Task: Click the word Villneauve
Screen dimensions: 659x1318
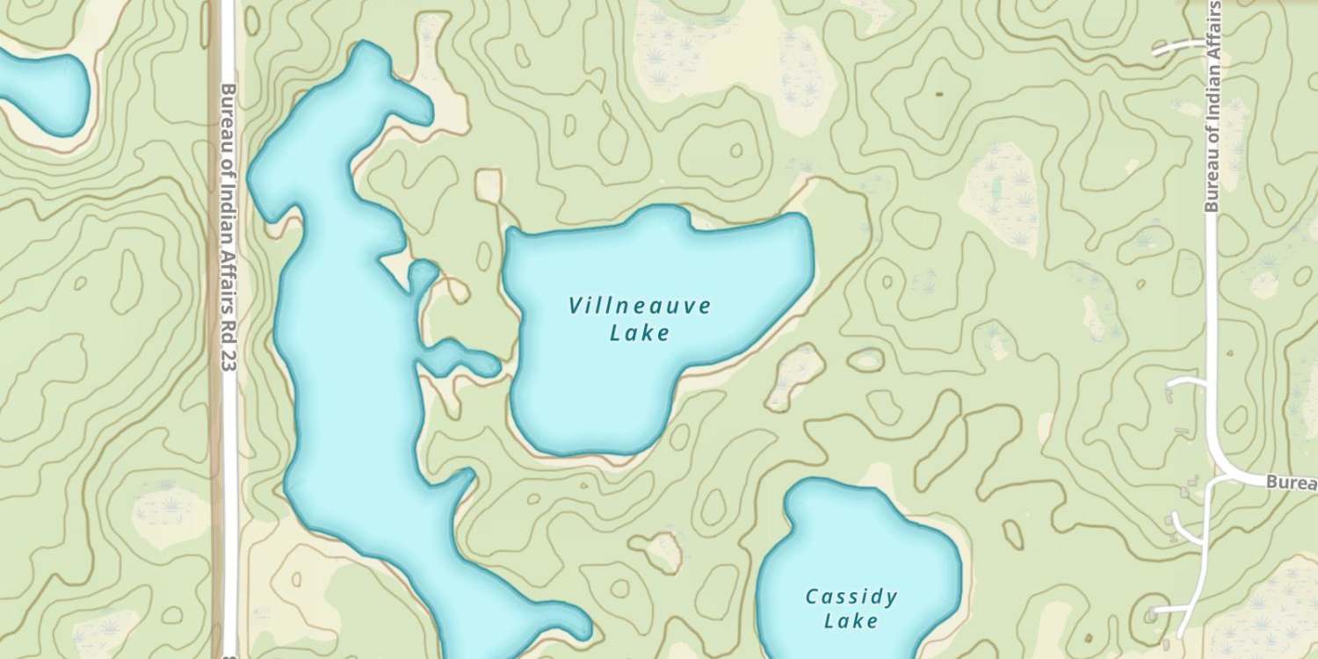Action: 639,307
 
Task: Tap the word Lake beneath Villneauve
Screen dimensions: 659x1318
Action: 639,333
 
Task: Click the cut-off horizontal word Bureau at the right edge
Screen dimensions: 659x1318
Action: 1292,483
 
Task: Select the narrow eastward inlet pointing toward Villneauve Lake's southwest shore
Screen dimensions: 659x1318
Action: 461,358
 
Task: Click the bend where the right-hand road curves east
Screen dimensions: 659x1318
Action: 1227,466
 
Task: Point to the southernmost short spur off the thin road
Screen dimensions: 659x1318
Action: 1169,609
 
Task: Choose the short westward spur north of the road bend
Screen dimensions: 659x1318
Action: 1186,383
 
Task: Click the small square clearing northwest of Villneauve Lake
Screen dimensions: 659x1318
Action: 488,185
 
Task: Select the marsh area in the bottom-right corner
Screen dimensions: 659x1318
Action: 1265,606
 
